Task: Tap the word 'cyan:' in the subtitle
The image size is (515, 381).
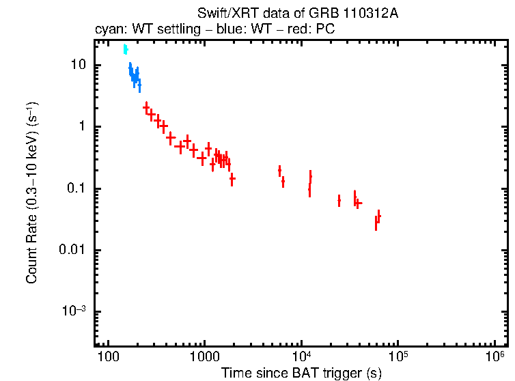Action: point(109,29)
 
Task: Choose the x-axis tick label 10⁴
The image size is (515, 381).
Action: point(301,358)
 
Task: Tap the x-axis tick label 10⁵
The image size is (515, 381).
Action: point(398,358)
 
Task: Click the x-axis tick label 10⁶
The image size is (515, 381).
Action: point(495,358)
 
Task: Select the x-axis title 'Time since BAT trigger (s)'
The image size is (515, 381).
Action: point(301,373)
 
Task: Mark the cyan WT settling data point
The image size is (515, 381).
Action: point(125,49)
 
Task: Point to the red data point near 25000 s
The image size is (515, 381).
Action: point(339,200)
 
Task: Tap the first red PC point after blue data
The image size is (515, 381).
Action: point(146,107)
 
